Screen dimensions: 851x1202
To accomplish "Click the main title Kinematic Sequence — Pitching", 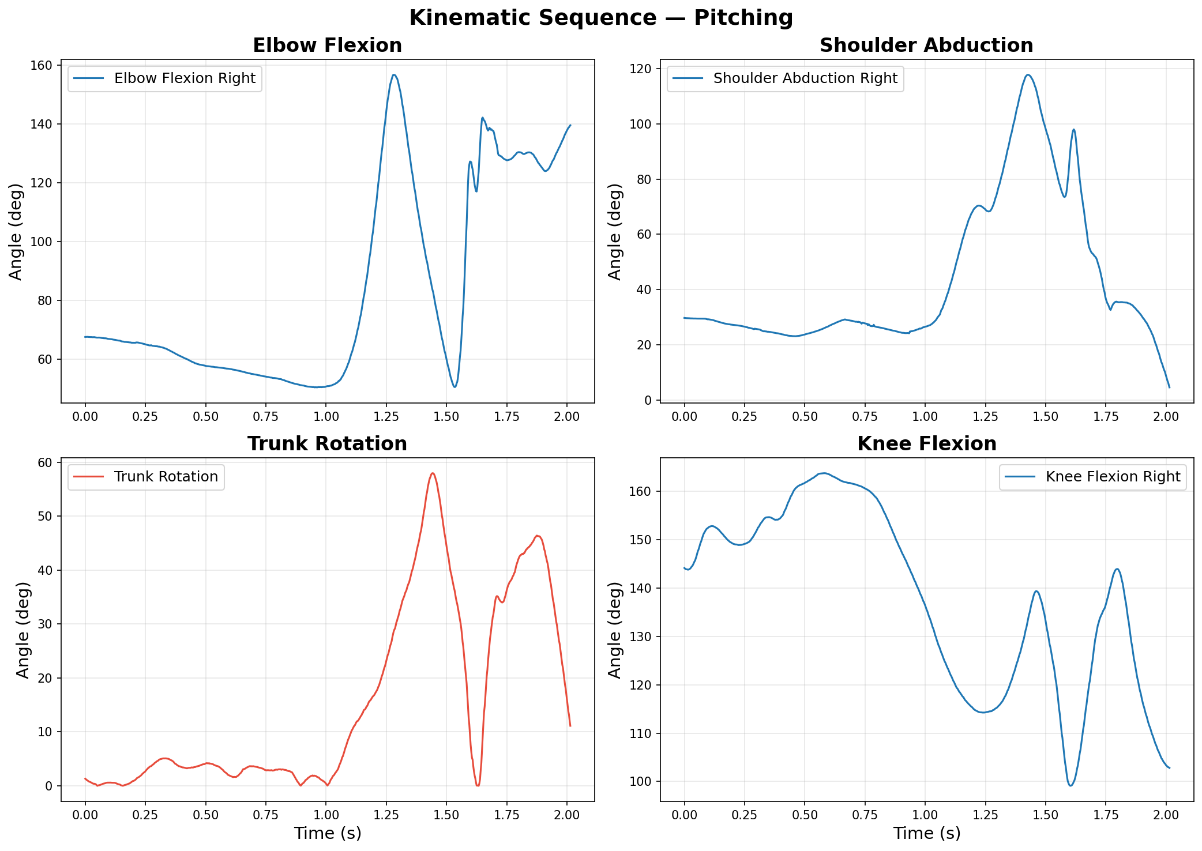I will coord(601,18).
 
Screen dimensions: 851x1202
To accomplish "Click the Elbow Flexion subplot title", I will coord(327,46).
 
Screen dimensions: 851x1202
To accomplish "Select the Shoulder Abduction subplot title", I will coord(926,46).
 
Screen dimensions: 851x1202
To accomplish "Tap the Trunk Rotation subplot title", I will coord(327,444).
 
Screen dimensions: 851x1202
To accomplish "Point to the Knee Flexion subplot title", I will coord(926,444).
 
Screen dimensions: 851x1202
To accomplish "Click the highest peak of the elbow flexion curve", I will coord(394,75).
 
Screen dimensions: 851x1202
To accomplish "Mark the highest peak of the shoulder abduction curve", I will coord(1028,75).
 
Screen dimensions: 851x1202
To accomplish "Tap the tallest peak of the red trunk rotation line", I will coord(432,473).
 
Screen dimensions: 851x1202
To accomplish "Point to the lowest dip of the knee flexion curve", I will coord(1070,785).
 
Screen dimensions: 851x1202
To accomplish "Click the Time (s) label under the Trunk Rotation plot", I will coord(327,834).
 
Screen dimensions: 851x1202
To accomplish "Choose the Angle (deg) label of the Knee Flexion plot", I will coord(615,630).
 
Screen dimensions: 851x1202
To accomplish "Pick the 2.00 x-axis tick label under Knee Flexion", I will coord(1166,816).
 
